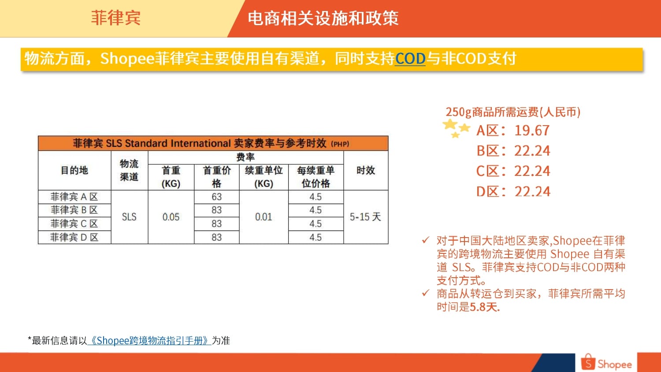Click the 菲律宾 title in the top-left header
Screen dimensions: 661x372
tap(115, 18)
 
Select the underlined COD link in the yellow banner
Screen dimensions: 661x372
tap(410, 58)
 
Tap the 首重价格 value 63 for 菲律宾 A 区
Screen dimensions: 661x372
tap(216, 197)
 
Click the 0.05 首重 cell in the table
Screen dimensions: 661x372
tap(171, 217)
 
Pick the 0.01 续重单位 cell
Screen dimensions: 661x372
tap(264, 217)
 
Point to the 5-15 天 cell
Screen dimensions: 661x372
tap(366, 217)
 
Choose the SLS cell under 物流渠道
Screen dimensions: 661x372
tap(129, 217)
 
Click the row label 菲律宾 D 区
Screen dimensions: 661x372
tap(74, 238)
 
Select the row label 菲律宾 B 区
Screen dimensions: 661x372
tap(74, 210)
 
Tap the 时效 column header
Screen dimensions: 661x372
tap(366, 170)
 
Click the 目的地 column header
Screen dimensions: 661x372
tap(74, 170)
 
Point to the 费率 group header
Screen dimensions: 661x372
tap(245, 157)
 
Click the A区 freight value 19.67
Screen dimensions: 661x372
tap(532, 130)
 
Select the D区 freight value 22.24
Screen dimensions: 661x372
tap(532, 192)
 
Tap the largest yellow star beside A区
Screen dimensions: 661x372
tap(450, 124)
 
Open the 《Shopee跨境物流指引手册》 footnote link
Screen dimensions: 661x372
tap(149, 341)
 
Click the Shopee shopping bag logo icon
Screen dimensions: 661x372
tap(588, 362)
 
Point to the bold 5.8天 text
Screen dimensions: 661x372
tap(485, 307)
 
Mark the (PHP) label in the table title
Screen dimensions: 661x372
tap(340, 144)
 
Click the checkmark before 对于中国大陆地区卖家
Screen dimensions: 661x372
tap(426, 240)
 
